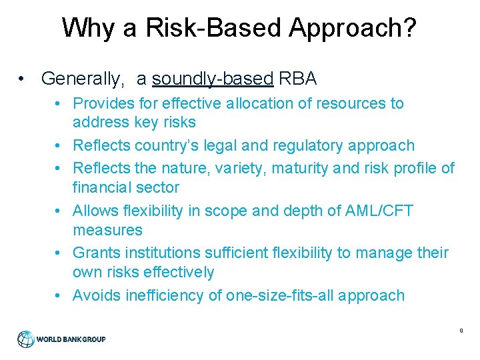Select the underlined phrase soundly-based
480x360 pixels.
pyautogui.click(x=213, y=79)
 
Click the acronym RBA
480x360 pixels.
pyautogui.click(x=298, y=79)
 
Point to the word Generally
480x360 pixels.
pyautogui.click(x=82, y=79)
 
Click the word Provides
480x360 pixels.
pyautogui.click(x=99, y=103)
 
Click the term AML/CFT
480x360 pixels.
pyautogui.click(x=377, y=211)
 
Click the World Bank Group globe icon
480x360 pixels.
pyautogui.click(x=25, y=339)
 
